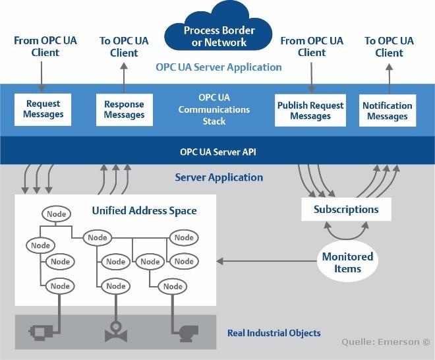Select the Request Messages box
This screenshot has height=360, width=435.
click(x=43, y=109)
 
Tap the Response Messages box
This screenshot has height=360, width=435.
click(x=125, y=110)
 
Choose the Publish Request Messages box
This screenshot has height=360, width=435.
click(x=310, y=111)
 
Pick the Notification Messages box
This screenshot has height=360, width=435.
click(x=388, y=111)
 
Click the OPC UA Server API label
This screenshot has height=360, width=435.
click(x=218, y=152)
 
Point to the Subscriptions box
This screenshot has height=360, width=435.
click(x=346, y=209)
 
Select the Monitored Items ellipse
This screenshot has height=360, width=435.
click(x=347, y=262)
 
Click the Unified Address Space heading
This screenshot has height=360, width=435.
click(x=144, y=211)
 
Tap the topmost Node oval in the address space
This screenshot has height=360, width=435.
click(x=56, y=214)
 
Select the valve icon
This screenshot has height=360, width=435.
click(x=116, y=332)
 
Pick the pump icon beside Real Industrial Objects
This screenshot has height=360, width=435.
click(x=188, y=333)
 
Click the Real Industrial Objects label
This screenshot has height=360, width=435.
click(x=274, y=333)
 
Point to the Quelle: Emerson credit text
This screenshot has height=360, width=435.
click(x=386, y=342)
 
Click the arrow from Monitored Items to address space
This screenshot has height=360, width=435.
click(x=267, y=261)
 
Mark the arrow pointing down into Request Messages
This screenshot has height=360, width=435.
click(x=42, y=76)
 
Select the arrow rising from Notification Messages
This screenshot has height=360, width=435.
click(x=390, y=79)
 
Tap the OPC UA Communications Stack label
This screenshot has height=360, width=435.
click(x=214, y=109)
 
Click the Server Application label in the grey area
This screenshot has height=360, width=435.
click(x=219, y=177)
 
